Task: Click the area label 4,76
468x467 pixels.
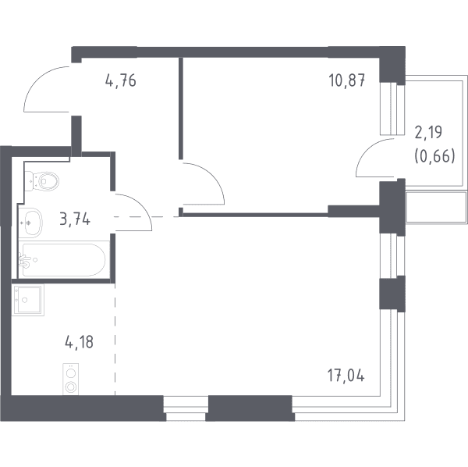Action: click(x=121, y=80)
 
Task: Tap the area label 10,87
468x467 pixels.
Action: click(x=347, y=80)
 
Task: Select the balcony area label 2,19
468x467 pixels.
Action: click(x=428, y=132)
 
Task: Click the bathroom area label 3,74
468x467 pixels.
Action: click(x=75, y=219)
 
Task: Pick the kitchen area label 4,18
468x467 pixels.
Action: click(x=79, y=342)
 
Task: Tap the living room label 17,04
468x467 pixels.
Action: click(x=346, y=376)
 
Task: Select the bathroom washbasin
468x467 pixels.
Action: click(x=30, y=223)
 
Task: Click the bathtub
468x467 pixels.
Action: click(x=63, y=259)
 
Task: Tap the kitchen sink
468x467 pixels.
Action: click(x=28, y=300)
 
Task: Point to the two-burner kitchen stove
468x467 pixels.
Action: click(x=71, y=380)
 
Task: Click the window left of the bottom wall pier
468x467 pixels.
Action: click(x=186, y=408)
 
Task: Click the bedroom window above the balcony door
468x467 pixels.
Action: click(x=392, y=109)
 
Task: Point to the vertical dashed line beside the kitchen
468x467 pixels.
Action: click(x=115, y=339)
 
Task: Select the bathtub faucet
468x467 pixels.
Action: click(x=24, y=261)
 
